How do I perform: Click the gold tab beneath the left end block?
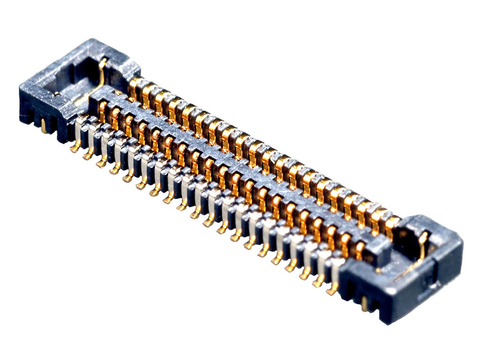point(44,126)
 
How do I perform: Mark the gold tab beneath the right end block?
point(364,303)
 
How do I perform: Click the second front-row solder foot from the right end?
point(318,282)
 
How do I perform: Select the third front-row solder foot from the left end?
point(101,163)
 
